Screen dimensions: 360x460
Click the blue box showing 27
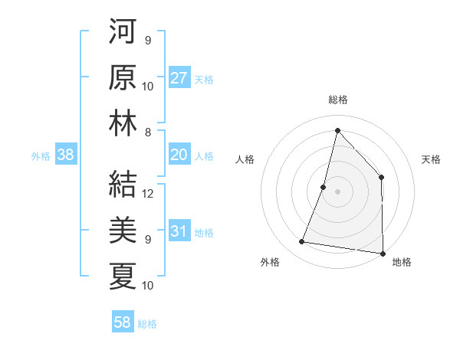179,78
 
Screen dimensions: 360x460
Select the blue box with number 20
179,155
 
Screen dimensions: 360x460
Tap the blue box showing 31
179,232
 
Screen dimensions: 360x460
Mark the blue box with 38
66,155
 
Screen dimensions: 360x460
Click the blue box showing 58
123,322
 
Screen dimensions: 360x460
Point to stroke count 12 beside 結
149,193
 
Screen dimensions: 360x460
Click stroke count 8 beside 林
148,132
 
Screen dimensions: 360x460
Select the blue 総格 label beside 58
147,324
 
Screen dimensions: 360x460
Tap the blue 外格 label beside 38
41,156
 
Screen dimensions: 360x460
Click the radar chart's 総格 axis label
337,100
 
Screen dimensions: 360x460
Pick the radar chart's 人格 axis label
245,159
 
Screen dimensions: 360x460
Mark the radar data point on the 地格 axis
382,252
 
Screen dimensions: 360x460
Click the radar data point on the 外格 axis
302,242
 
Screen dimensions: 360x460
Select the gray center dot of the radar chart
337,191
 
